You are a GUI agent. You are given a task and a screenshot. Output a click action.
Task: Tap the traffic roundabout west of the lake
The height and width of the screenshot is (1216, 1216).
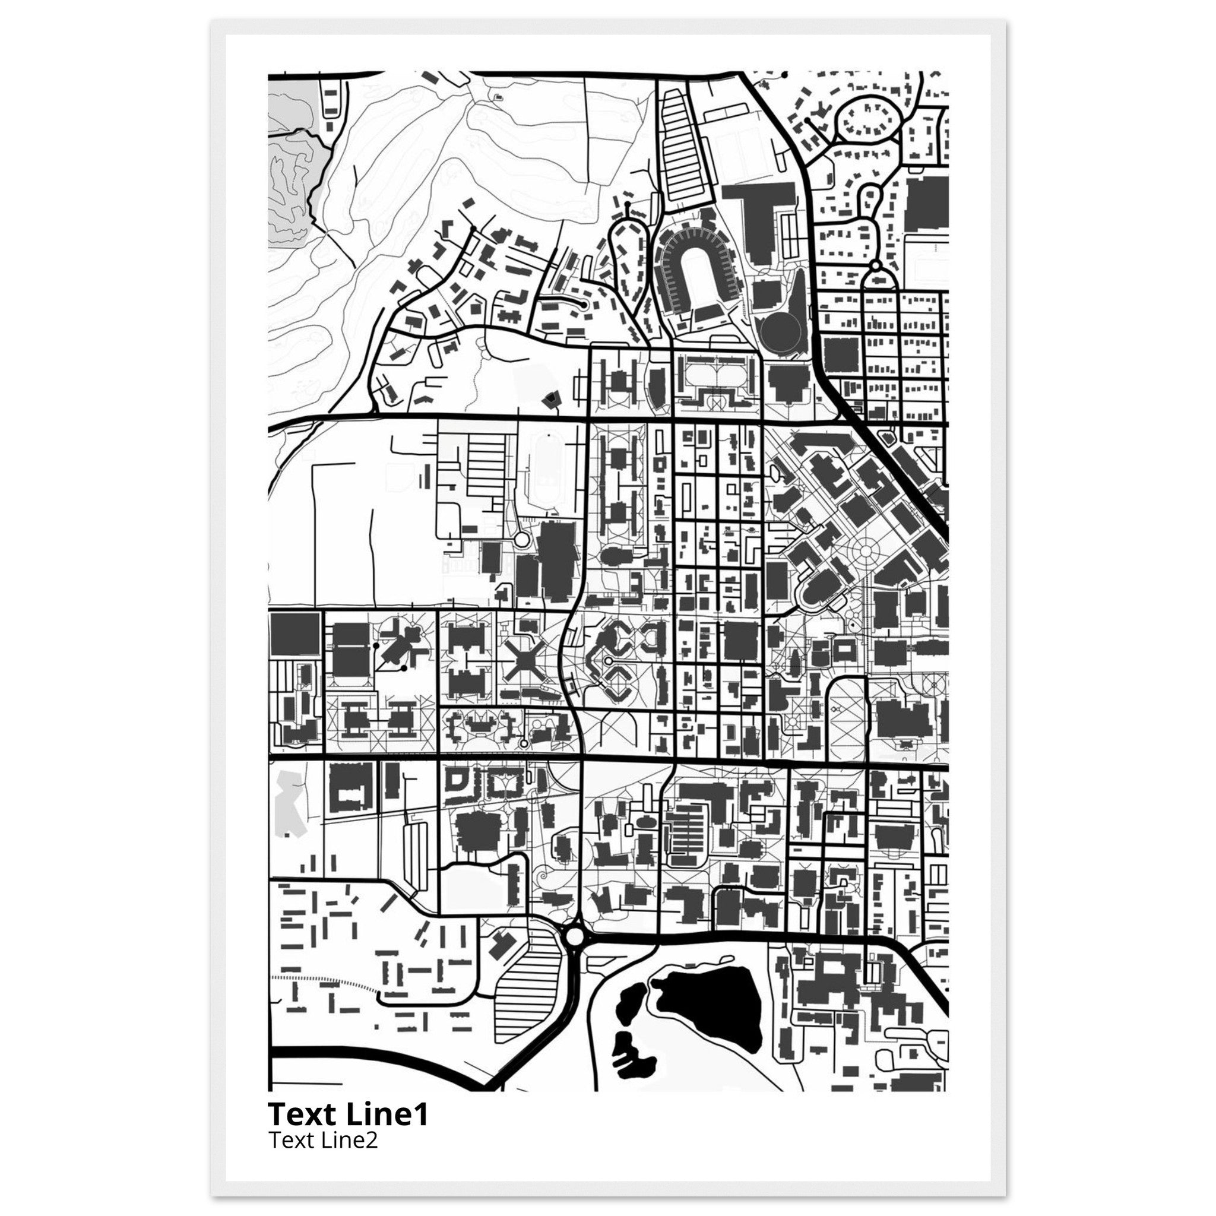coord(575,954)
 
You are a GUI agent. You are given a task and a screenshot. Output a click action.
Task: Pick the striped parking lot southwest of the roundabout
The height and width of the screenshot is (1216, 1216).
coord(525,1000)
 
